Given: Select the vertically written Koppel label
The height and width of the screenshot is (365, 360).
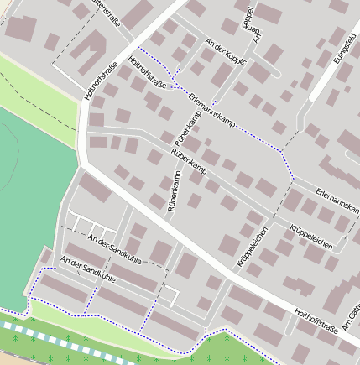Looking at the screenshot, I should click(x=248, y=20).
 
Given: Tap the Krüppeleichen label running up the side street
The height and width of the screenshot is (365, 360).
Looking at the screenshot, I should click(x=253, y=248).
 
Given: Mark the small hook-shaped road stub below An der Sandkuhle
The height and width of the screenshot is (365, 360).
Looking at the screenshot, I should click(x=170, y=295).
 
